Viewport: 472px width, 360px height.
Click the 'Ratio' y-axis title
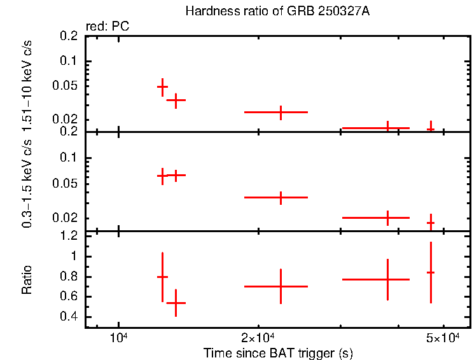pyautogui.click(x=27, y=280)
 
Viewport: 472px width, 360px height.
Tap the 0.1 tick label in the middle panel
pyautogui.click(x=72, y=158)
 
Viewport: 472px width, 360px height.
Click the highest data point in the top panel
pyautogui.click(x=163, y=87)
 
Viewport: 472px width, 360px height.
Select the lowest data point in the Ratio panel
pyautogui.click(x=176, y=303)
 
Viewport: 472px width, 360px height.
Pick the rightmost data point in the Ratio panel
pyautogui.click(x=431, y=272)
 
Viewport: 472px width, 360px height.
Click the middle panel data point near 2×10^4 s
pyautogui.click(x=281, y=197)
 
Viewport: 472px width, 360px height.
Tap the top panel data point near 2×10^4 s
pyautogui.click(x=281, y=112)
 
